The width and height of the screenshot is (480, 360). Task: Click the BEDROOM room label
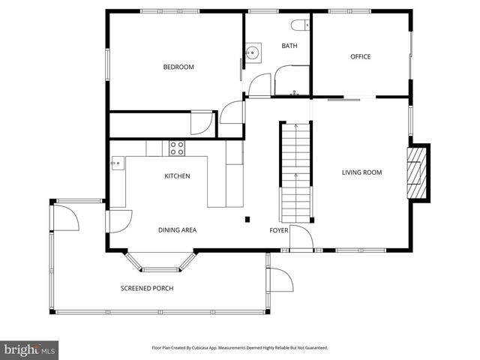[x=178, y=67]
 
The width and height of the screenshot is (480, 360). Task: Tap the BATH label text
[x=289, y=46]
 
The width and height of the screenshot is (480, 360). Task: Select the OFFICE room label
[x=361, y=57]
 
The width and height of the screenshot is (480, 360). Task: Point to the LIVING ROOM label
[x=361, y=172]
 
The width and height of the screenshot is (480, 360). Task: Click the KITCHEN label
[x=177, y=176]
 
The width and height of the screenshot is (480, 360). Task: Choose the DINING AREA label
[x=177, y=230]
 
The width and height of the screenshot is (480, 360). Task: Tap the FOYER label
[x=279, y=230]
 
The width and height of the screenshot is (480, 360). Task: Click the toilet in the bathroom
[x=301, y=25]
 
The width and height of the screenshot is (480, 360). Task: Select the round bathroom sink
[x=253, y=53]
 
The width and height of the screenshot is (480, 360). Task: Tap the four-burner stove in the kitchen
[x=177, y=148]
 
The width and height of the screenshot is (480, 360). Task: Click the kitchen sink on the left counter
[x=116, y=162]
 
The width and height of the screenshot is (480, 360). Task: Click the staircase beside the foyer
[x=295, y=169]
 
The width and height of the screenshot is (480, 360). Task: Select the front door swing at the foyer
[x=301, y=237]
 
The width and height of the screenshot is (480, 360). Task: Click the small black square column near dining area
[x=247, y=219]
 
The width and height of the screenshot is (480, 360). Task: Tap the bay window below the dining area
[x=160, y=262]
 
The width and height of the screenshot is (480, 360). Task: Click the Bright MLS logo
[x=30, y=349]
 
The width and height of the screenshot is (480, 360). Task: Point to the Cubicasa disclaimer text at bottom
[x=240, y=348]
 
